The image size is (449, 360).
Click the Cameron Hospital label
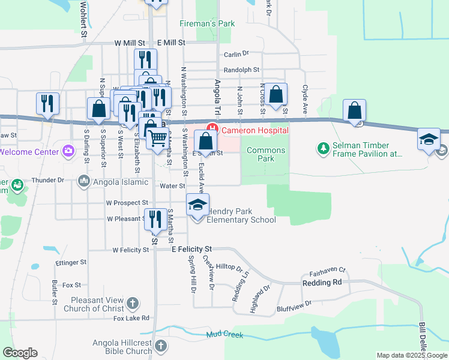click(255, 130)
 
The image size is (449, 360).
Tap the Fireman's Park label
click(207, 24)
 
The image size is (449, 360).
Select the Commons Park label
click(266, 154)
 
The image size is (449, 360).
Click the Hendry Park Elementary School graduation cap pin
click(198, 205)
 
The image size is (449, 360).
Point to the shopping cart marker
click(157, 137)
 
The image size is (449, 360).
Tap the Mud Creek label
click(225, 334)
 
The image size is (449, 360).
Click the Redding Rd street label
click(322, 282)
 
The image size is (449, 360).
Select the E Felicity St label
click(192, 248)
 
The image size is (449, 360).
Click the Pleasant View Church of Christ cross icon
click(133, 304)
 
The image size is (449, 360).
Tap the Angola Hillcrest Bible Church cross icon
click(160, 346)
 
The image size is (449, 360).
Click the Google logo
click(20, 353)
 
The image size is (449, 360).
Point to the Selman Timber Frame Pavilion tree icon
click(324, 146)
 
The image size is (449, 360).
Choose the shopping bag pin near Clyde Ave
click(276, 94)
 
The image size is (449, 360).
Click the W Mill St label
click(130, 44)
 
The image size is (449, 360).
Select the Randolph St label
click(241, 70)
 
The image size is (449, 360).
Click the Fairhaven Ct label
click(328, 271)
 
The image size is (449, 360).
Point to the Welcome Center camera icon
click(68, 149)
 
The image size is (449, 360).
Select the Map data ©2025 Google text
click(412, 355)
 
